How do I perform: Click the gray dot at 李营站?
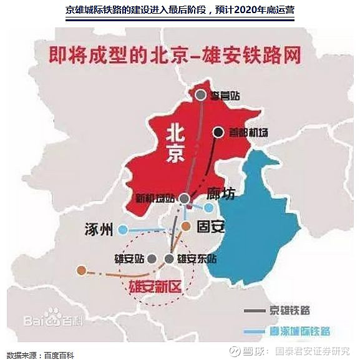(x=200, y=95)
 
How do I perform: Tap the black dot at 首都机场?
(x=218, y=132)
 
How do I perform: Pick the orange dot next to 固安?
(x=187, y=226)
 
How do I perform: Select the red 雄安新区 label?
(x=154, y=288)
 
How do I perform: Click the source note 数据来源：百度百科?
(x=44, y=355)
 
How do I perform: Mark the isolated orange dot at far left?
(x=80, y=270)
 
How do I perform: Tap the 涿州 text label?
(x=99, y=230)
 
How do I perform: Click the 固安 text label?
(x=210, y=226)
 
